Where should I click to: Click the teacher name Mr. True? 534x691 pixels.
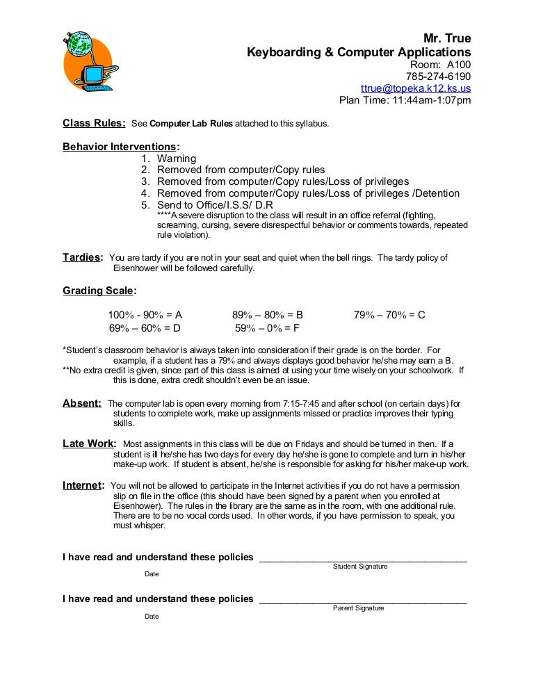[x=447, y=40]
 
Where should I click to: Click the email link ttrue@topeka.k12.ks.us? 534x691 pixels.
[x=416, y=88]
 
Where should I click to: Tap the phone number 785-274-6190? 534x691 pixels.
[x=437, y=76]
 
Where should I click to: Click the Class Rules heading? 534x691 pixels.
[x=94, y=124]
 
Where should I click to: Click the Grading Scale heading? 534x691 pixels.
[x=99, y=291]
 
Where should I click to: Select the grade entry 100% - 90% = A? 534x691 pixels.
[x=145, y=315]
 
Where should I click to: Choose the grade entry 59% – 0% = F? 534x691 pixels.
[x=268, y=328]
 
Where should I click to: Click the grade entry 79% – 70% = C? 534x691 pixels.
[x=389, y=315]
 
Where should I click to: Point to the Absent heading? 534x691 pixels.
[x=82, y=403]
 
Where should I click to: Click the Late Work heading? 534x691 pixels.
[x=89, y=444]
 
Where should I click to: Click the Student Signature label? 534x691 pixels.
[x=360, y=567]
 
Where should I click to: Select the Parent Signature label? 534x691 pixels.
[x=359, y=608]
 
